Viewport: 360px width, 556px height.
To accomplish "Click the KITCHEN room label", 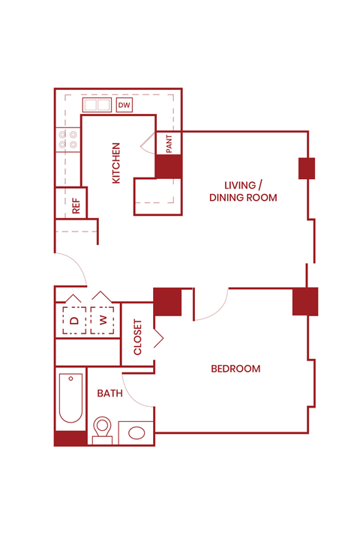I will (x=116, y=163).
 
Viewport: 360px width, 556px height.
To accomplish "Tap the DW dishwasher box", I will (x=124, y=106).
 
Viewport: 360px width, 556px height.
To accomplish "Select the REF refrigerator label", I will (x=76, y=205).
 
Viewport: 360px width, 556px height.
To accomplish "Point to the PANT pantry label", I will (x=169, y=143).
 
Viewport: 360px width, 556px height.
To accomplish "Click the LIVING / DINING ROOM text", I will (x=243, y=191).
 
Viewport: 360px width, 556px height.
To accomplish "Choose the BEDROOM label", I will (x=235, y=369).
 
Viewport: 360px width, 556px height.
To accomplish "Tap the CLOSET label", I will (x=137, y=337).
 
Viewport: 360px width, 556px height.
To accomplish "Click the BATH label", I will (x=109, y=393).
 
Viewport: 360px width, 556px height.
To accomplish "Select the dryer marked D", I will (x=73, y=320).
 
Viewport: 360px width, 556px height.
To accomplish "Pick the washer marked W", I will (x=103, y=320).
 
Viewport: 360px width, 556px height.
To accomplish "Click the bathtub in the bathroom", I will (x=70, y=399).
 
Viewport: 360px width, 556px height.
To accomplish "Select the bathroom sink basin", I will (x=136, y=432).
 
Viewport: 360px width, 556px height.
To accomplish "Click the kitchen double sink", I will (x=97, y=105).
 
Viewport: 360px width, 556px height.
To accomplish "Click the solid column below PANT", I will (x=168, y=166).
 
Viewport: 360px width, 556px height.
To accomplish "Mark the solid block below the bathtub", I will (x=70, y=438).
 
